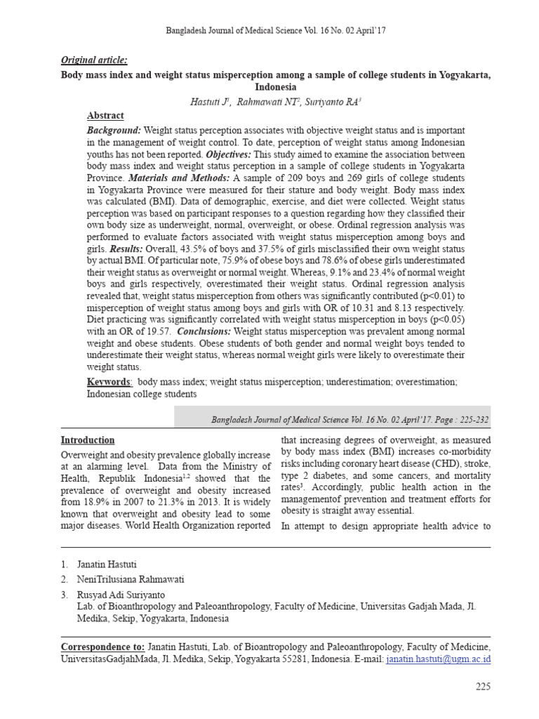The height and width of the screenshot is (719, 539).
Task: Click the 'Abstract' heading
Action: (x=105, y=116)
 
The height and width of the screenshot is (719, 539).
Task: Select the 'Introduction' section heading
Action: (x=88, y=440)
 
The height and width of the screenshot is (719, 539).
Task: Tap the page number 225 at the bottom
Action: (x=483, y=686)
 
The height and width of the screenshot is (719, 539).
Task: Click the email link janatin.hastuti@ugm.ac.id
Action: (x=439, y=659)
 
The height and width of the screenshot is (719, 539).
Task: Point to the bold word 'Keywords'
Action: (x=109, y=381)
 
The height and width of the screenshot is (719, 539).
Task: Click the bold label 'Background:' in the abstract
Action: (x=114, y=131)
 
